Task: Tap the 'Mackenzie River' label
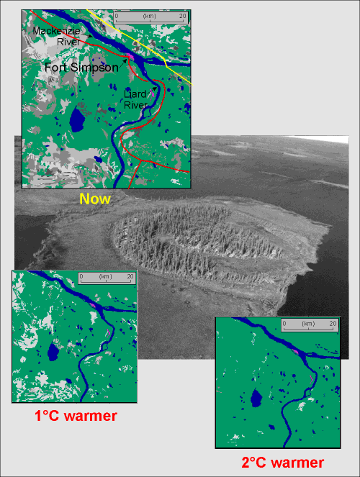pos(56,37)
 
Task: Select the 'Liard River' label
pos(135,100)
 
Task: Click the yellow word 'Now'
pos(95,199)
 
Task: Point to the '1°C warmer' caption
pos(76,416)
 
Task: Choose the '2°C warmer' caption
pos(282,462)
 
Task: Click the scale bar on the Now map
pos(151,17)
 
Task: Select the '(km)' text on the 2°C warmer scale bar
pos(309,324)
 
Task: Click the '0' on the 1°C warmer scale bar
pos(82,276)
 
